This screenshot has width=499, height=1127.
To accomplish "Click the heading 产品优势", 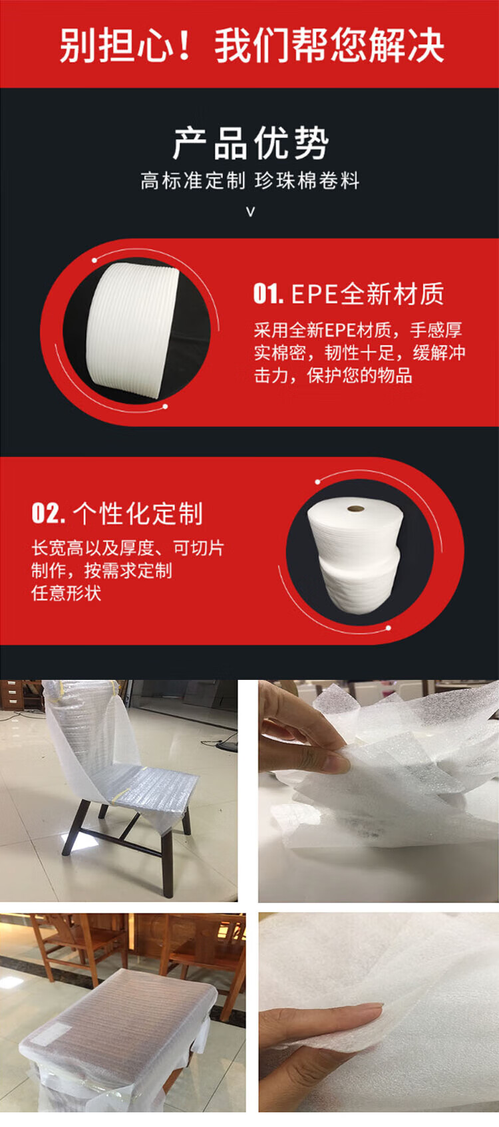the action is [250, 144].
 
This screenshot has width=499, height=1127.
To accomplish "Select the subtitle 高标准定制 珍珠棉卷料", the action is [250, 180].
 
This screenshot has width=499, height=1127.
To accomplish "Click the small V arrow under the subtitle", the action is [250, 212].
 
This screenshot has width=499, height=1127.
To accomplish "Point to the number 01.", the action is [268, 294].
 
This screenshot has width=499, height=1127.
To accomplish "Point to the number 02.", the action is [49, 513].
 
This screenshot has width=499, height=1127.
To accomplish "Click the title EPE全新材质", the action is [368, 294].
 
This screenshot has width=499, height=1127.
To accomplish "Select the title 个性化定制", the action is [138, 514].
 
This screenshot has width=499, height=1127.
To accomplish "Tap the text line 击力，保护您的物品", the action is [333, 375].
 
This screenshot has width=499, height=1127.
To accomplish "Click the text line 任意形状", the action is [66, 593].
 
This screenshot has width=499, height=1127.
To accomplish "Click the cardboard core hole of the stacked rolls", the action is [356, 509].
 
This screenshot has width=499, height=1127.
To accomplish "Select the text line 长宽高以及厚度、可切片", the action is [128, 548].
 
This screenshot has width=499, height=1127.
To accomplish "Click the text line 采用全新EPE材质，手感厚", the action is [358, 330].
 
